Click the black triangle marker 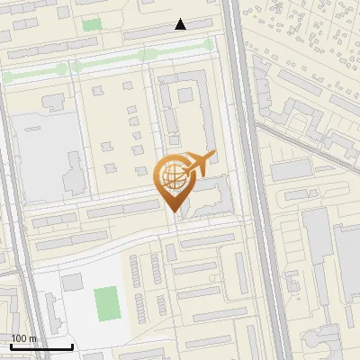click(x=181, y=24)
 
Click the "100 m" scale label click(x=23, y=338)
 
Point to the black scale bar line click(x=41, y=346)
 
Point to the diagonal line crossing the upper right click(x=306, y=144)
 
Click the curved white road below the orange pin click(x=135, y=236)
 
